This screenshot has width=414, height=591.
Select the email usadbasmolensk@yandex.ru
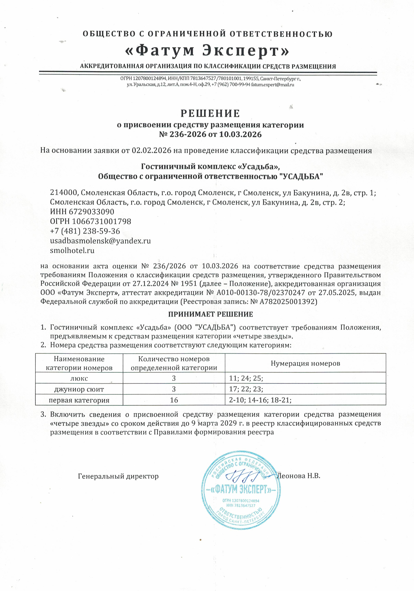[100, 241]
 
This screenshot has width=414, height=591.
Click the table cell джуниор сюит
[79, 389]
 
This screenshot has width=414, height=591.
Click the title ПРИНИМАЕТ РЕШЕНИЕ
[211, 314]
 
